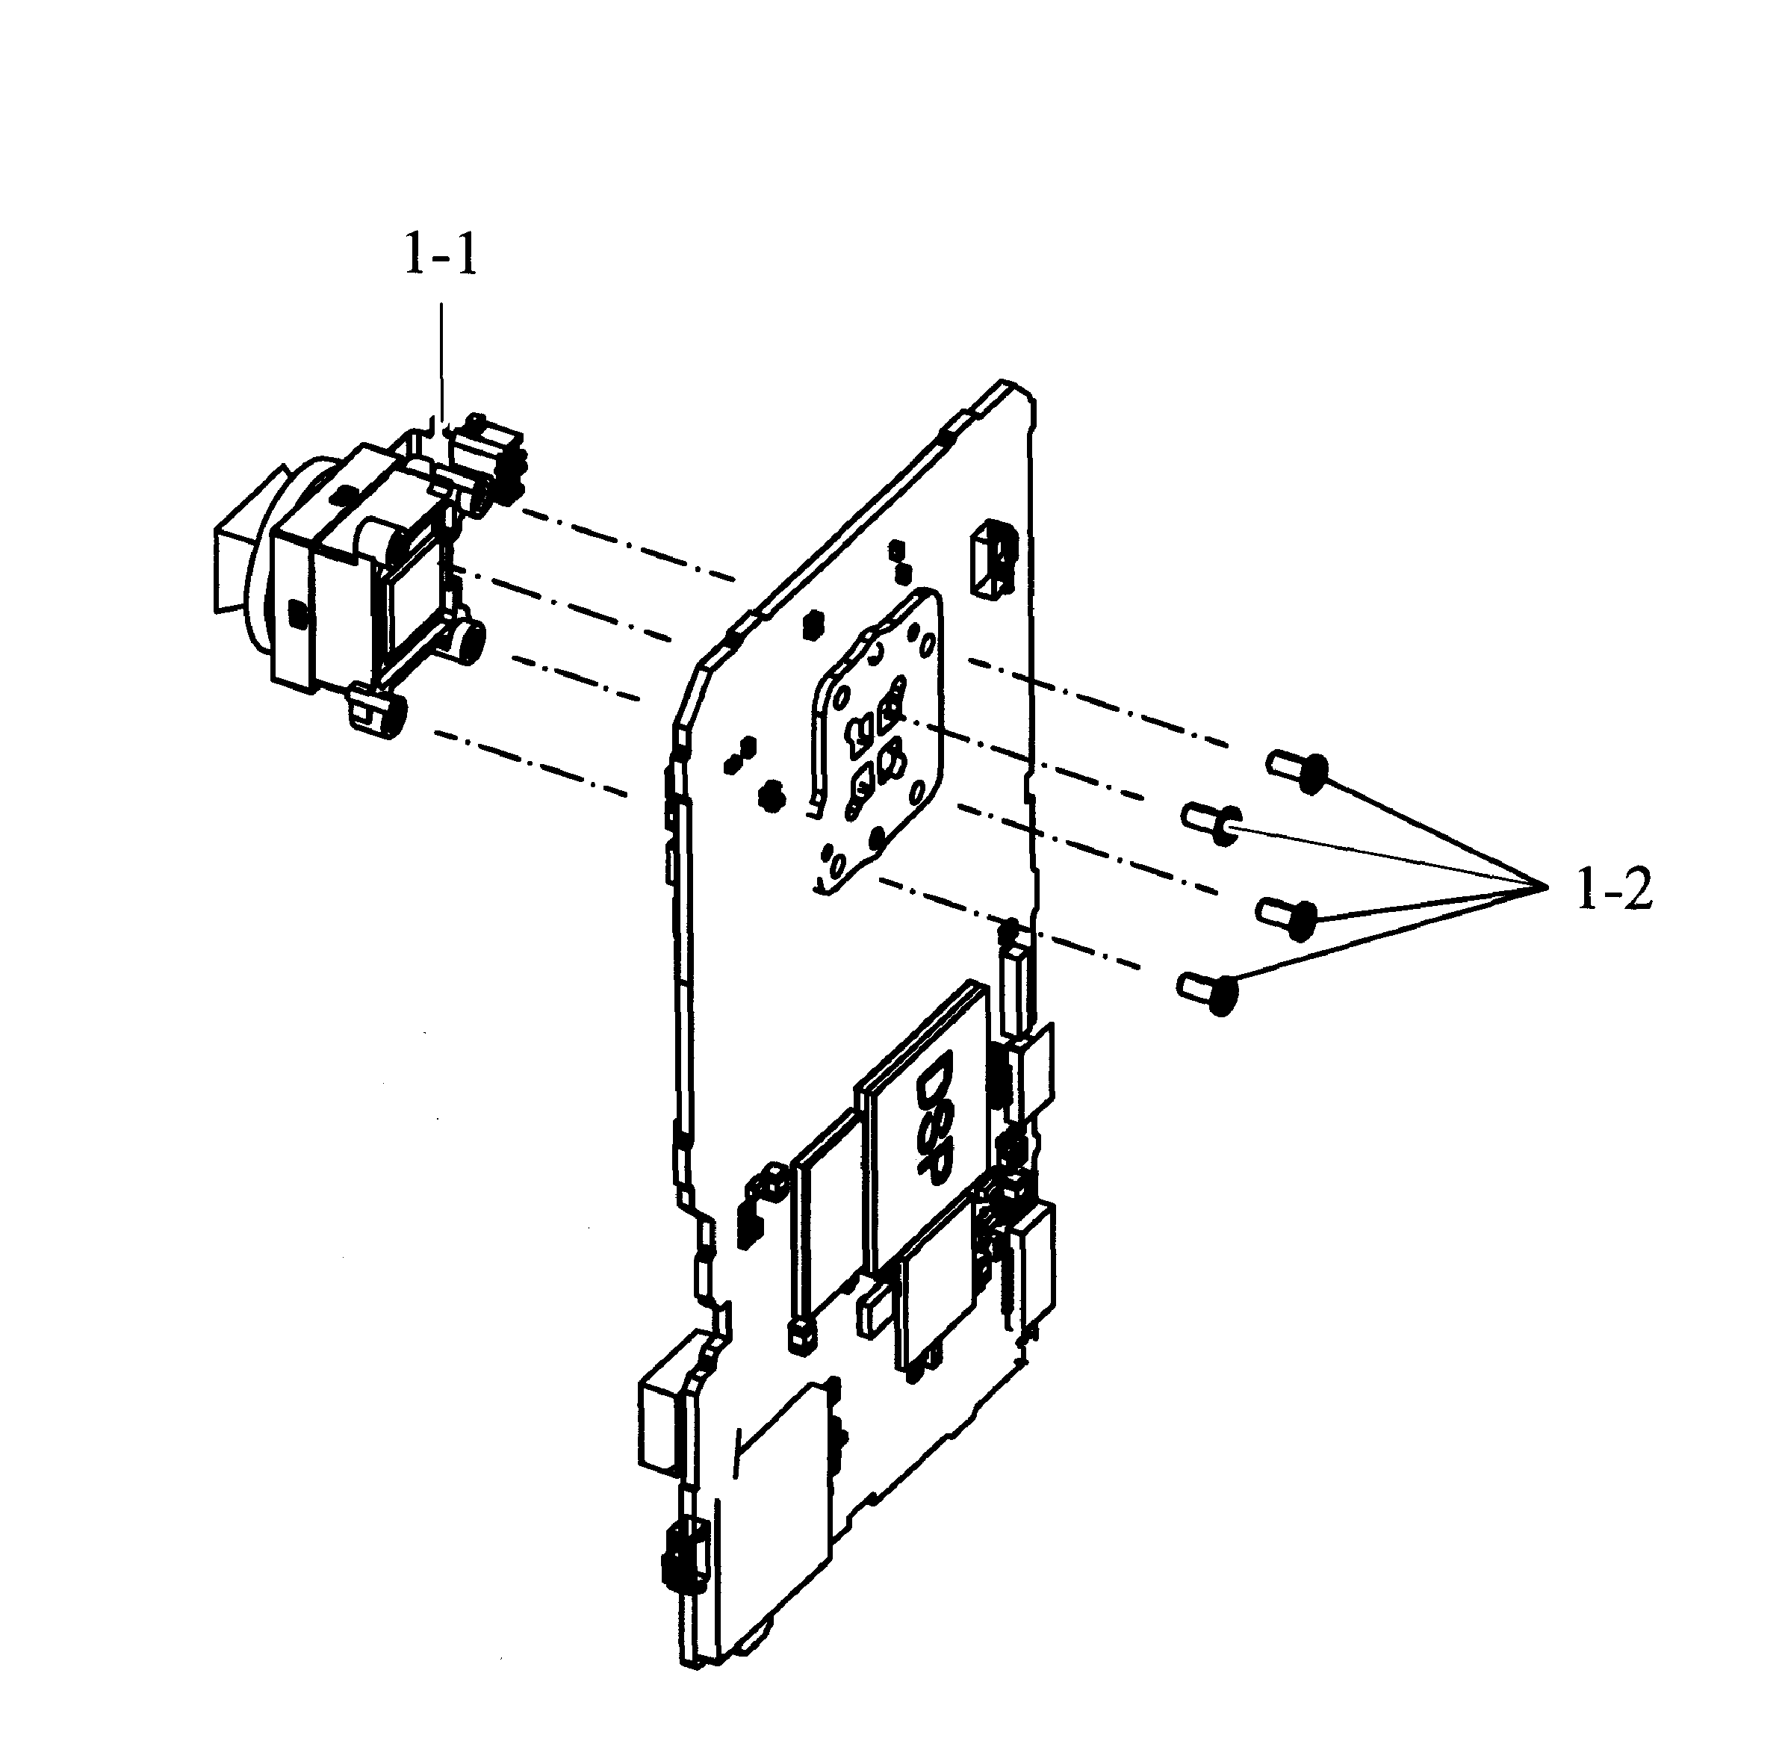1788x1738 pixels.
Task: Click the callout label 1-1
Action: coord(441,258)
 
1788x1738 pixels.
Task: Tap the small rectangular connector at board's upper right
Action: coord(995,558)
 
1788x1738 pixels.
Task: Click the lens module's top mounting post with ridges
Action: coord(491,459)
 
